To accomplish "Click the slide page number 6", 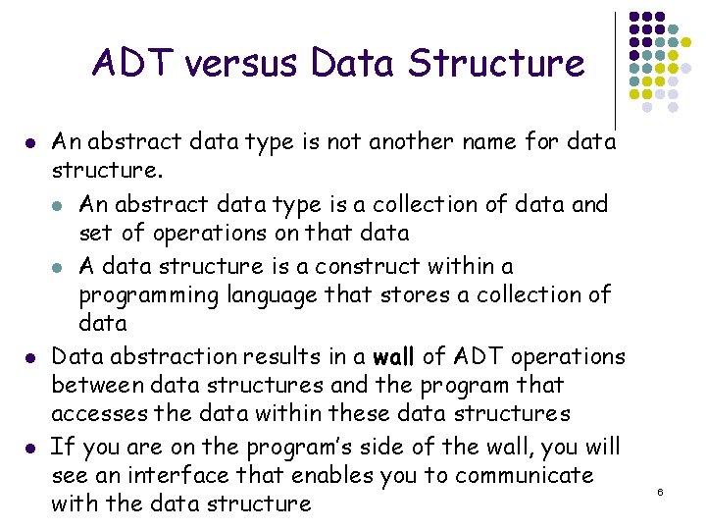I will point(660,489).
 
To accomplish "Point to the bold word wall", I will point(392,357).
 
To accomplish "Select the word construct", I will point(367,266).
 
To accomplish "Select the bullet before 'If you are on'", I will point(33,449).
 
